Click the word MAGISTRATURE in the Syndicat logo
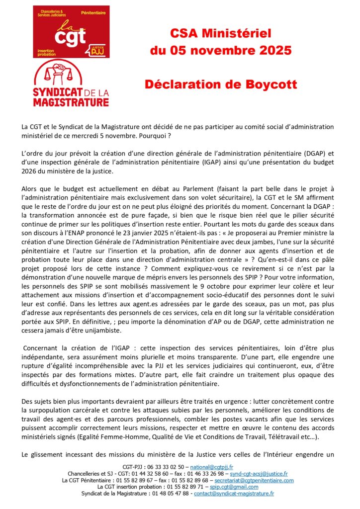71,103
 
